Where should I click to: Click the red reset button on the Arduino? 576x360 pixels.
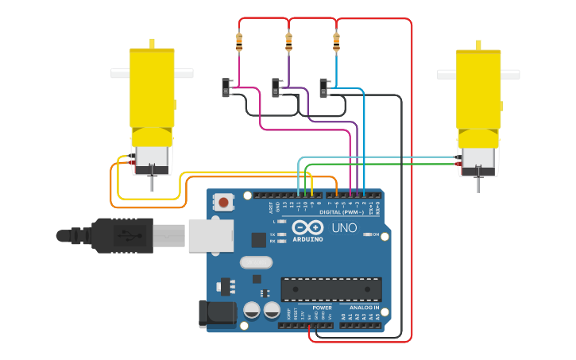224,203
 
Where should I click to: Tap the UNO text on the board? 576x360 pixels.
343,229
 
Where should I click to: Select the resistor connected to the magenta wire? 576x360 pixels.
239,41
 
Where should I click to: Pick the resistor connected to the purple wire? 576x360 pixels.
288,41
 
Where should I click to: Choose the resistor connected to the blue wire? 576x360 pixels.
336,41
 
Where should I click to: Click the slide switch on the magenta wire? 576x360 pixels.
226,87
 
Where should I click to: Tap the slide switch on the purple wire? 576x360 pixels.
276,87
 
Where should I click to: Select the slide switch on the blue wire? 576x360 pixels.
324,87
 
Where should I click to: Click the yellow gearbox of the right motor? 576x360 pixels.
478,87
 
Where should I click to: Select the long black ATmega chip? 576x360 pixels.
331,289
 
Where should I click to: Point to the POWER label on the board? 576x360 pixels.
322,308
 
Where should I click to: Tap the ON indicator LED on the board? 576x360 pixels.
366,234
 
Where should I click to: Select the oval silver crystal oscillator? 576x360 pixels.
255,262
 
